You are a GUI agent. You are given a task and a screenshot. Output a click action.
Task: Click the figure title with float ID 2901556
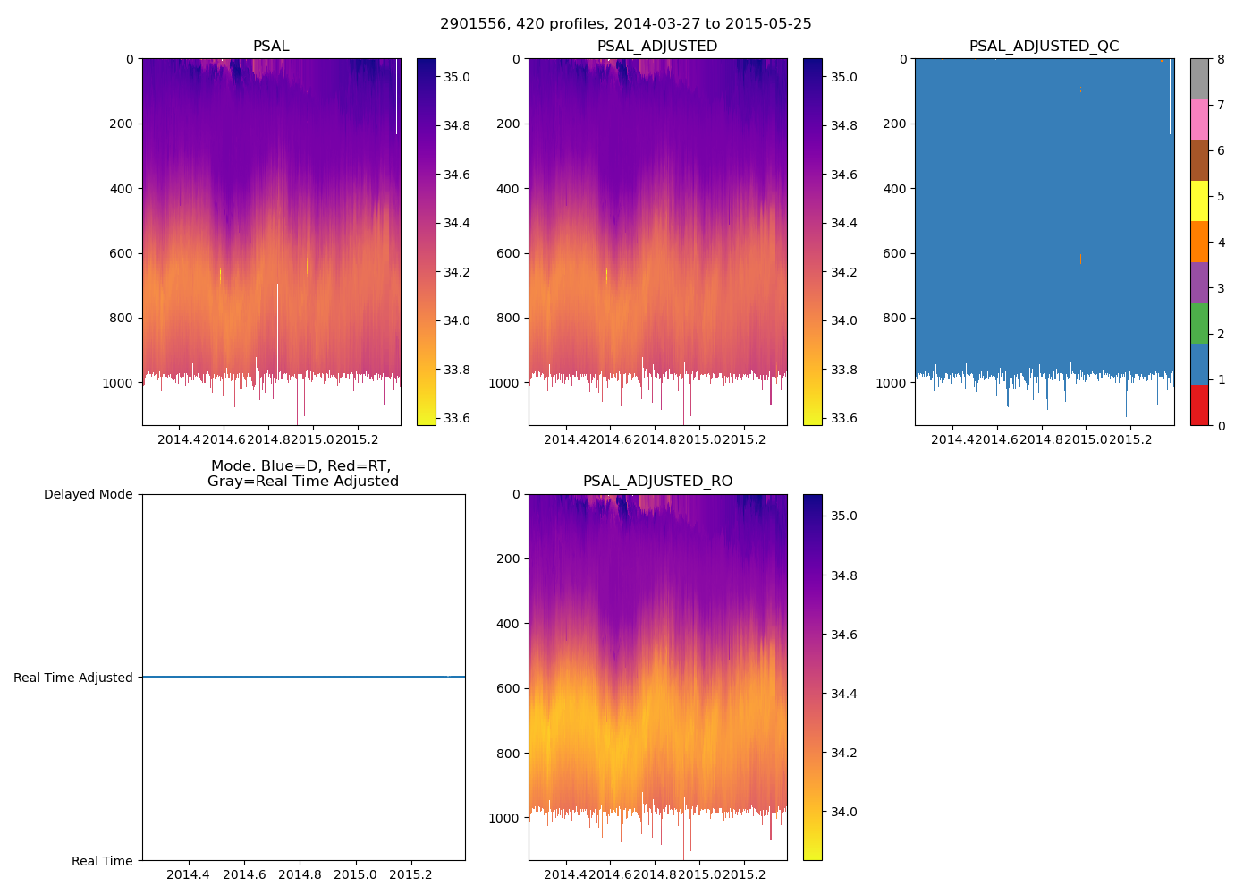[x=626, y=24]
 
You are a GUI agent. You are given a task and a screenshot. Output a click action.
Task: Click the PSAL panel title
[x=271, y=47]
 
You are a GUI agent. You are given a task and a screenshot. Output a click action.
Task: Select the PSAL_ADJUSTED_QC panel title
[x=1044, y=47]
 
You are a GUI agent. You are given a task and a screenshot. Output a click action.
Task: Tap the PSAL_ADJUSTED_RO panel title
[x=657, y=482]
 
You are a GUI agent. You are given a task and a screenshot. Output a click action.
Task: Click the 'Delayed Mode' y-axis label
[x=88, y=495]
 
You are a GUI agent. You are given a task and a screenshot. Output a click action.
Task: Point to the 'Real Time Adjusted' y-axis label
[x=73, y=678]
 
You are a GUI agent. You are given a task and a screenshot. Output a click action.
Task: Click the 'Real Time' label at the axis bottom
[x=102, y=861]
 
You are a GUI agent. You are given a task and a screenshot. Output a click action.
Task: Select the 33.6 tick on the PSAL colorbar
[x=457, y=418]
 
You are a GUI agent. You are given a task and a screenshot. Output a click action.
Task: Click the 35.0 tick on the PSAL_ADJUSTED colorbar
[x=843, y=78]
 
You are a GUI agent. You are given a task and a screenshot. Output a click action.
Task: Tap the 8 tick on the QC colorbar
[x=1221, y=59]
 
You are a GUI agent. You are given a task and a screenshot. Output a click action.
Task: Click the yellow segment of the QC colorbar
[x=1199, y=201]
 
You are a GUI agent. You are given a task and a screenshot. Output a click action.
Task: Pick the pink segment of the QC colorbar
[x=1199, y=119]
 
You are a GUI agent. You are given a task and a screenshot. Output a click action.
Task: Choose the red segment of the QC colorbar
[x=1199, y=405]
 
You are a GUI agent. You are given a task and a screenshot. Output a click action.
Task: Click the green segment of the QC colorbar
[x=1199, y=323]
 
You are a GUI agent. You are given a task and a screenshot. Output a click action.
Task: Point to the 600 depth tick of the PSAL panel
[x=122, y=253]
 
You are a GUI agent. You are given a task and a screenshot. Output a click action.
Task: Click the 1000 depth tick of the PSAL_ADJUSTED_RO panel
[x=506, y=818]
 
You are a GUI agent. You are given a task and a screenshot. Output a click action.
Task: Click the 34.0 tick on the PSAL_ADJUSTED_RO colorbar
[x=843, y=812]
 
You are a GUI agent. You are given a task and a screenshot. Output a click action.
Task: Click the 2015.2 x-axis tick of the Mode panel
[x=411, y=874]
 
